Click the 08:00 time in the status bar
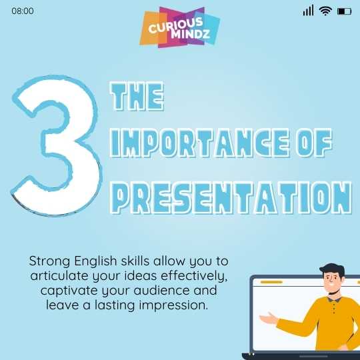click(23, 11)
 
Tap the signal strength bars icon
click(308, 11)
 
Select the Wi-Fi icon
click(325, 11)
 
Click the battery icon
click(344, 11)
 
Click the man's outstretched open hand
click(268, 319)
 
